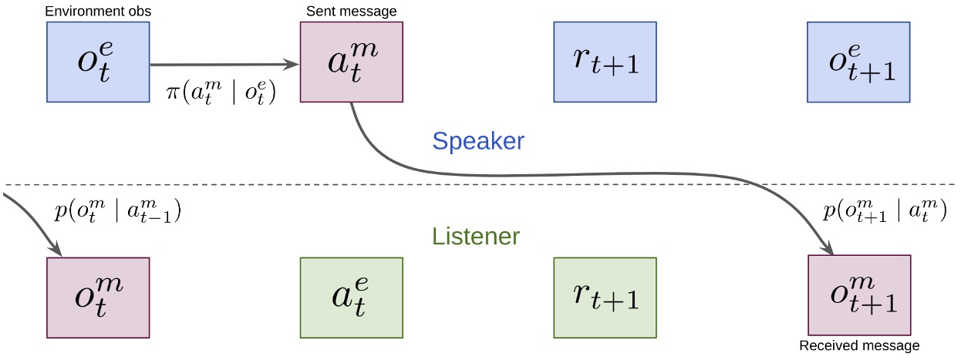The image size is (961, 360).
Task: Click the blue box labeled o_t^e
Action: [98, 62]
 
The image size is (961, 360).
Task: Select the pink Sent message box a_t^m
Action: [351, 62]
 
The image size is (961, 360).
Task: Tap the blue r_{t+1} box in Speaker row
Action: [605, 62]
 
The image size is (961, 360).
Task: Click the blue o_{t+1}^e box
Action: [858, 62]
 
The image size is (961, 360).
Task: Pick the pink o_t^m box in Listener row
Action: [98, 298]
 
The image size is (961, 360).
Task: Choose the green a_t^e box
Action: [351, 298]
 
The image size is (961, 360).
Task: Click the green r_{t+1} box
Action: [605, 298]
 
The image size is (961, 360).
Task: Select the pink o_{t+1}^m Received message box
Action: [858, 296]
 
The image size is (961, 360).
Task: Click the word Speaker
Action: [478, 141]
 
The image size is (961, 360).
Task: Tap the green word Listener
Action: [476, 236]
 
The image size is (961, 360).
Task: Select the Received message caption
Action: [859, 346]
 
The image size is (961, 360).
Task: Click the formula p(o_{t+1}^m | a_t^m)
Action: [884, 214]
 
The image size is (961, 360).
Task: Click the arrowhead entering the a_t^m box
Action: [293, 66]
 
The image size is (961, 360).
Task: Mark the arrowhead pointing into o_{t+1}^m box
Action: [830, 250]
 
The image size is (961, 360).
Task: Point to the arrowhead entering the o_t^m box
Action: [56, 251]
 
